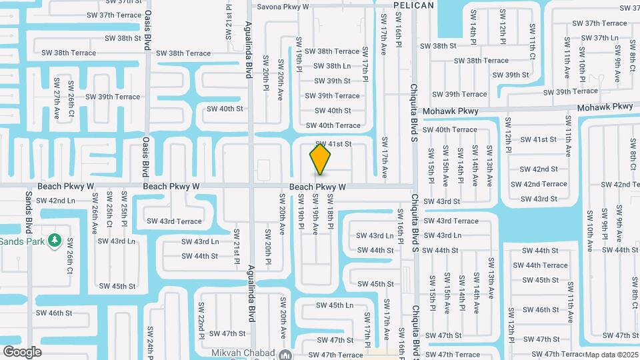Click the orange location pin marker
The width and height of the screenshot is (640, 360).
[x=321, y=159]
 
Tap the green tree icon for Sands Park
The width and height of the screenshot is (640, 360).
[x=55, y=240]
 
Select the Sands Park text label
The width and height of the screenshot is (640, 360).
[x=22, y=241]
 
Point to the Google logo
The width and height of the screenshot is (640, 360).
[x=22, y=351]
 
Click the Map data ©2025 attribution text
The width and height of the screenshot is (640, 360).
[x=612, y=355]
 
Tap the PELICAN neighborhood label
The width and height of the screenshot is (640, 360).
[x=413, y=5]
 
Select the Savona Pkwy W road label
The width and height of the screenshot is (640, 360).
[x=284, y=7]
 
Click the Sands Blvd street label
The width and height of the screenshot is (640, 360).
[x=29, y=210]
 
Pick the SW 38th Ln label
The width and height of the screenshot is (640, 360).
[x=332, y=66]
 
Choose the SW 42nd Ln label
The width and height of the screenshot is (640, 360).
[x=55, y=200]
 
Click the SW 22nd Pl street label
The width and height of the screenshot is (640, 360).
[x=201, y=315]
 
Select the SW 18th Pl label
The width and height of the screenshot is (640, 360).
[x=330, y=219]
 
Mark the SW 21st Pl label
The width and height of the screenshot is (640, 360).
[x=237, y=246]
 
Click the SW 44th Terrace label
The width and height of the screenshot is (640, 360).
[x=545, y=265]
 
